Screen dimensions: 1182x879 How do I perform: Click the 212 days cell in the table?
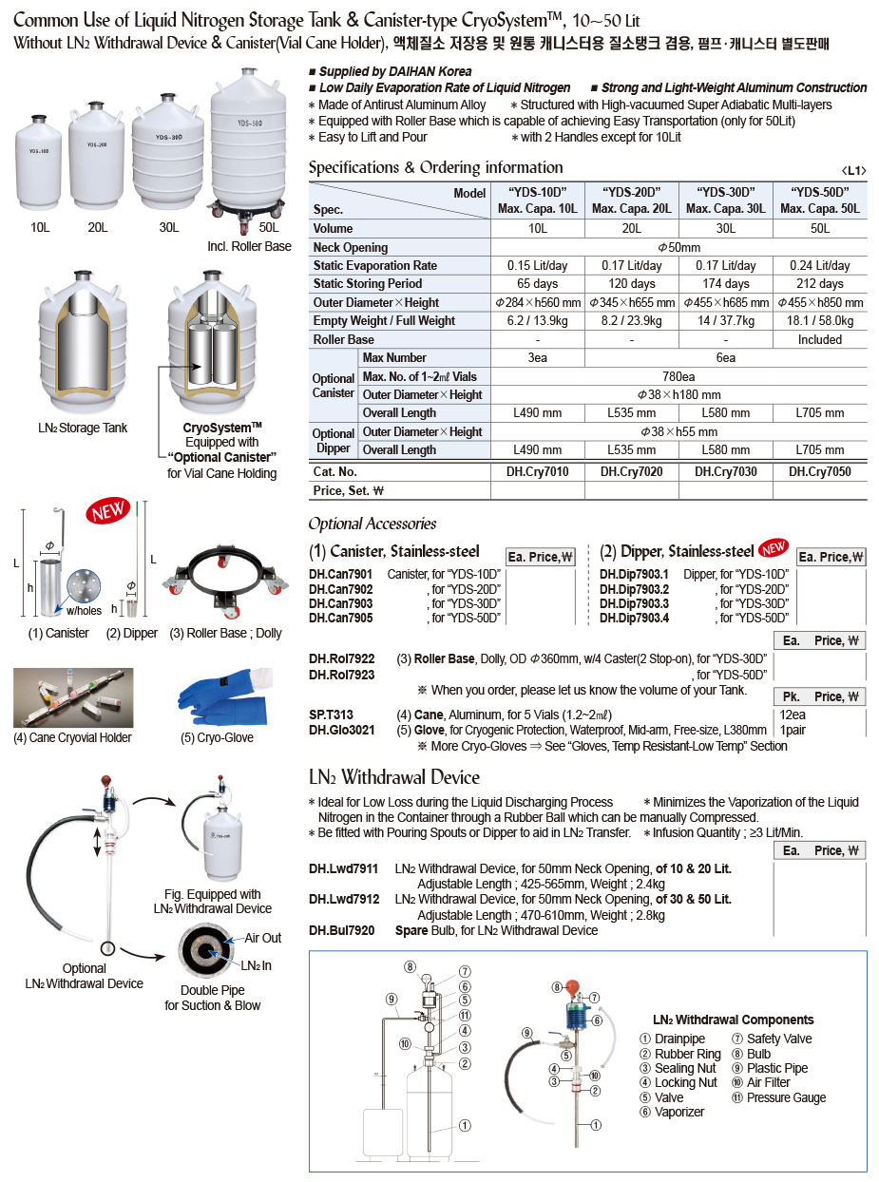pos(819,284)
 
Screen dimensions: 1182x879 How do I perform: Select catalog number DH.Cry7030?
pos(725,471)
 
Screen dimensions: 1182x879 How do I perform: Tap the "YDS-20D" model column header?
pos(631,200)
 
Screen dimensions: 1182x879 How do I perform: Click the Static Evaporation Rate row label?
pos(375,266)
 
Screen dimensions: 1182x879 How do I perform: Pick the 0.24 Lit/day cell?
pos(819,266)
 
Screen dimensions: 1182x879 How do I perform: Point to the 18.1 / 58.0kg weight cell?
pos(819,321)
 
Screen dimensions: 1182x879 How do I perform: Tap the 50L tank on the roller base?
pos(247,143)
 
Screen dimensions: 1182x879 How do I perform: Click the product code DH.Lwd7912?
pos(343,899)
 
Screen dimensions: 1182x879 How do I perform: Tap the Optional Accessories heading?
pos(372,524)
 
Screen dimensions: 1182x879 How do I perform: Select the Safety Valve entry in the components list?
pos(778,1039)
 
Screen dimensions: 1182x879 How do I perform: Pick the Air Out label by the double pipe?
pos(262,938)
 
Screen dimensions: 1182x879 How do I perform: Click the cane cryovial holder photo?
pos(73,697)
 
